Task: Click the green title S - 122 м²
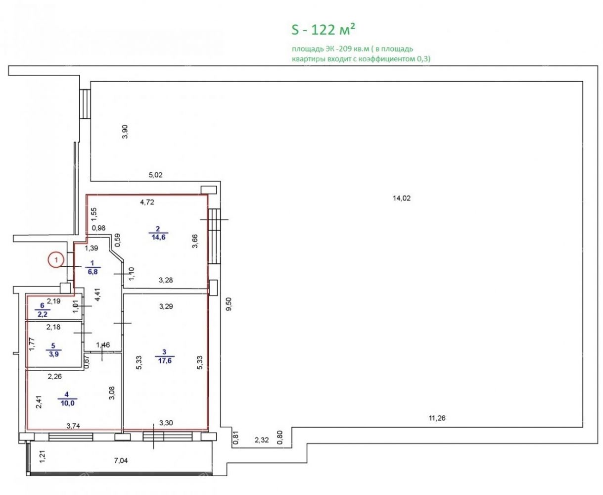click(x=324, y=30)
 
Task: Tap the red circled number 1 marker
click(x=56, y=260)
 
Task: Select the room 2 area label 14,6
click(x=158, y=237)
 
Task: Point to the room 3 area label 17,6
click(x=165, y=360)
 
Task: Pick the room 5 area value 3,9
click(x=53, y=354)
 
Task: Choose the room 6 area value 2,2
click(x=43, y=314)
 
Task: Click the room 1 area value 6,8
click(x=93, y=272)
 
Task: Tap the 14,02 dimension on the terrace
click(x=402, y=198)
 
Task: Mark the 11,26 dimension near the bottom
click(x=437, y=418)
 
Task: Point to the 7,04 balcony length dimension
click(x=121, y=461)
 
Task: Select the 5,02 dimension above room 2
click(x=155, y=175)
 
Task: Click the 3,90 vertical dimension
click(x=125, y=132)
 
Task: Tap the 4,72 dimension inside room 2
click(x=147, y=202)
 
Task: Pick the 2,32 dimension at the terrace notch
click(x=262, y=440)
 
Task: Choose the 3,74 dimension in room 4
click(x=73, y=426)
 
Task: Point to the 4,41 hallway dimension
click(x=98, y=295)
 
